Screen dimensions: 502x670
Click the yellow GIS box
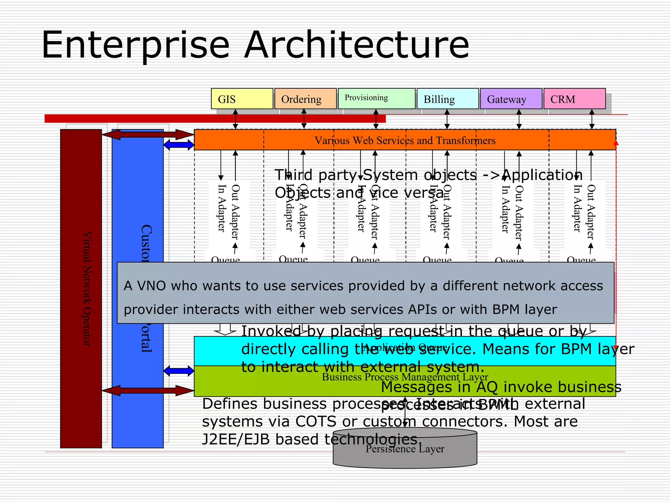click(242, 99)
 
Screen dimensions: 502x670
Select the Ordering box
click(305, 99)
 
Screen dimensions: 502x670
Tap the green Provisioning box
click(376, 98)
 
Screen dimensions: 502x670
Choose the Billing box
click(447, 99)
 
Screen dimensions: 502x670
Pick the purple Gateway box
click(511, 99)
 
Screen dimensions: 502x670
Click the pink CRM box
click(574, 99)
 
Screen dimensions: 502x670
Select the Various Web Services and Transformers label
click(405, 141)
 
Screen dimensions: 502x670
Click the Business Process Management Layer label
click(405, 377)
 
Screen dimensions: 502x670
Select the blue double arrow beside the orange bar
click(179, 145)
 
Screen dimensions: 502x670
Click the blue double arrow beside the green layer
click(179, 371)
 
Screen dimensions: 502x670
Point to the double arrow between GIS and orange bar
click(235, 119)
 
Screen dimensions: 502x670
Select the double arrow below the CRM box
click(591, 119)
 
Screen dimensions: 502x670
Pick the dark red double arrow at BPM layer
click(148, 390)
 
